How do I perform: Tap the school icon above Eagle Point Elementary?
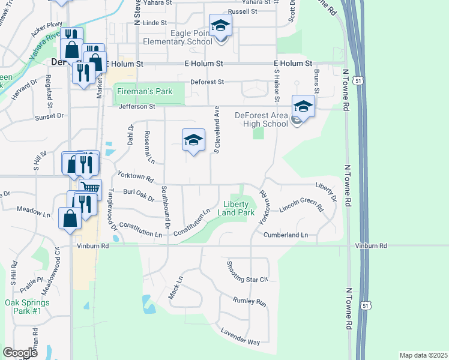tap(220, 25)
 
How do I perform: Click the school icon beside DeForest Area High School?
tap(304, 107)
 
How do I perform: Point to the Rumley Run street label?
tap(250, 302)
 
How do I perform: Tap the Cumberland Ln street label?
tap(286, 235)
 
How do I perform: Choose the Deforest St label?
tap(207, 82)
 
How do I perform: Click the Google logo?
tap(20, 353)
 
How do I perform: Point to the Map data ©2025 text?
tap(423, 355)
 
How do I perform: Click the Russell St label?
tap(243, 11)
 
